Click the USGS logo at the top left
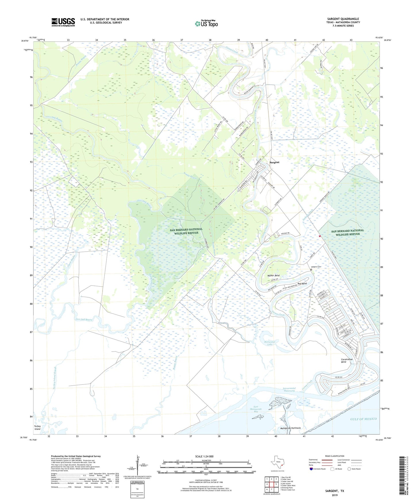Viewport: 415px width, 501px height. click(x=63, y=22)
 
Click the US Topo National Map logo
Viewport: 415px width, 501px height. click(x=206, y=24)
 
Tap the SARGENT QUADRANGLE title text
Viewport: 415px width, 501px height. click(x=343, y=19)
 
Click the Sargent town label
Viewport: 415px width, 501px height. click(x=274, y=162)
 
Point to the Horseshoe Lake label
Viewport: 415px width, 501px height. click(x=270, y=343)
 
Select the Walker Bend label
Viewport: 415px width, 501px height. click(x=273, y=275)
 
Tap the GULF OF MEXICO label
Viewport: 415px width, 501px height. click(x=363, y=419)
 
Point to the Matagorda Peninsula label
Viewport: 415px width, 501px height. click(x=290, y=428)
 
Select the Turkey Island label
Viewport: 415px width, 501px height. click(x=37, y=428)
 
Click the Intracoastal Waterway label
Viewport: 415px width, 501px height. click(x=289, y=389)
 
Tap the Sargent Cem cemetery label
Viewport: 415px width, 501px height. click(x=316, y=267)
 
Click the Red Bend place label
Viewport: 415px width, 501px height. click(x=302, y=283)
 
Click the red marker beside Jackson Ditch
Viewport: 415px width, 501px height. click(x=320, y=236)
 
